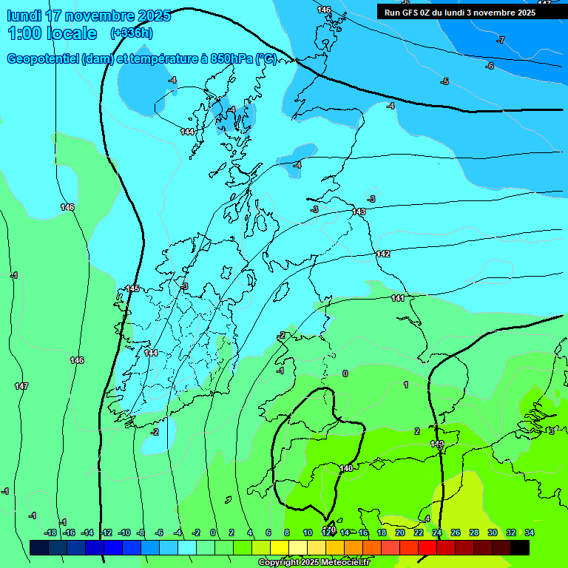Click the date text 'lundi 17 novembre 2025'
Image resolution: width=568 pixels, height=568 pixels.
point(89,16)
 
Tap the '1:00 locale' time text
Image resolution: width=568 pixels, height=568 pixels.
point(52,33)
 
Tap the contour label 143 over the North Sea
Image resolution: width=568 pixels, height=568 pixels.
point(359,212)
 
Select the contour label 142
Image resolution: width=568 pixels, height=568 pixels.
point(382,254)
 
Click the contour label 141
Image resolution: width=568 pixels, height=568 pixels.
point(398,298)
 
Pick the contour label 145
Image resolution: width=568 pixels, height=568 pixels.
point(132,288)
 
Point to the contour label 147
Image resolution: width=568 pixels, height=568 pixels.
point(21,386)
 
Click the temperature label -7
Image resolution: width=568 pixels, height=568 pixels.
point(501,40)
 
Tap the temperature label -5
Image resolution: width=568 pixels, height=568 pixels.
point(444,81)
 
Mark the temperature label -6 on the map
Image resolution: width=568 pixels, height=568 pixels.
point(489,66)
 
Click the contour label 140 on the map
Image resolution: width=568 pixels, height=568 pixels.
point(346,468)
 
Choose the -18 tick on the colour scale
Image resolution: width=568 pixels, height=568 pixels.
point(50,532)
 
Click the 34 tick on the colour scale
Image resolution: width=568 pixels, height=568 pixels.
point(530,532)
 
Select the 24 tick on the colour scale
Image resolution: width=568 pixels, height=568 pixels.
point(437,532)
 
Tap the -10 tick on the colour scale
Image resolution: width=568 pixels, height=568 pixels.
point(124,532)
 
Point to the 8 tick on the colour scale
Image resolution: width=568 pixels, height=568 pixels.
point(287,532)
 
